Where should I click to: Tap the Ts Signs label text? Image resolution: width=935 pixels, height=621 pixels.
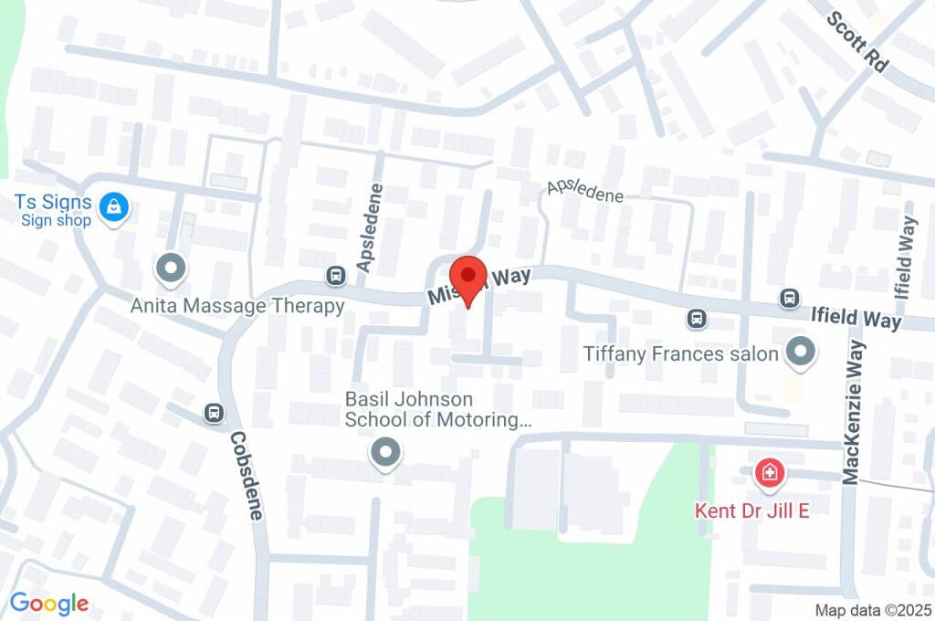click(x=53, y=202)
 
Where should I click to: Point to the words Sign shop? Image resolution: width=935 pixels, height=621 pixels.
click(x=57, y=220)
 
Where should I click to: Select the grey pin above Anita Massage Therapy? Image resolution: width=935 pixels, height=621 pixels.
click(x=171, y=269)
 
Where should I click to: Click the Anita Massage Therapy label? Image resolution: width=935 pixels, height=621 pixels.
click(x=237, y=306)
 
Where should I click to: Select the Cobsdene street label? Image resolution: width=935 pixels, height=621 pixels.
click(x=246, y=475)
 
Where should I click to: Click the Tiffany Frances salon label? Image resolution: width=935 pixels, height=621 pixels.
click(x=681, y=353)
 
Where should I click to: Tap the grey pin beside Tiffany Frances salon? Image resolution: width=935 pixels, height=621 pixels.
click(x=801, y=353)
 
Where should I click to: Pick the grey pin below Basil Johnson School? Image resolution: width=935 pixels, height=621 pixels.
click(x=385, y=453)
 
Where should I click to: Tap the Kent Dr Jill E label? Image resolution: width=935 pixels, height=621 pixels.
click(x=752, y=510)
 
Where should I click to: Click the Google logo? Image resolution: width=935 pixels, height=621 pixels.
click(x=49, y=603)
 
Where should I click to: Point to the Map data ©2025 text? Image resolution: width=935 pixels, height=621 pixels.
click(x=874, y=609)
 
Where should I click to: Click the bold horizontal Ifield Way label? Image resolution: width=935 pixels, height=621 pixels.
click(x=856, y=319)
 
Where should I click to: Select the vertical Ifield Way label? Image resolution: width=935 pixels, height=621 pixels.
click(x=906, y=258)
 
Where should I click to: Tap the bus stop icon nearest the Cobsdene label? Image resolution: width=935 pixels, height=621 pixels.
click(x=215, y=414)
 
